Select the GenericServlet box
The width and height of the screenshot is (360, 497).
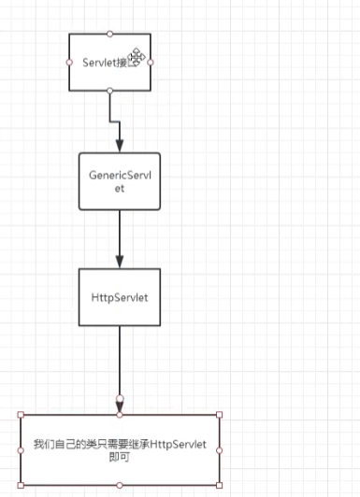click(119, 180)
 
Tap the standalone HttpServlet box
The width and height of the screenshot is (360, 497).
click(119, 297)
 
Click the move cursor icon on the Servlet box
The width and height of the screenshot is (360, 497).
click(137, 57)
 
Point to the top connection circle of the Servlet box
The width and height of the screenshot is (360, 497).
click(109, 34)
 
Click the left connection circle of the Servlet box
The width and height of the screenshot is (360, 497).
click(70, 62)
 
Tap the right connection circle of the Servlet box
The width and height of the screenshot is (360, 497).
click(151, 62)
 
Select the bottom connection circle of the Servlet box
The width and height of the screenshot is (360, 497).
click(109, 91)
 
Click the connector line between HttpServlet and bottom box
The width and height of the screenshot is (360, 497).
click(120, 360)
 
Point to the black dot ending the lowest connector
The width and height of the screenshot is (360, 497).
click(120, 401)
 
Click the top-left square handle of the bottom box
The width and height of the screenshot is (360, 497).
click(20, 414)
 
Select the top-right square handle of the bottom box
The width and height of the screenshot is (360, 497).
click(219, 414)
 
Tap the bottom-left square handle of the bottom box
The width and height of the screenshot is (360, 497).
click(20, 485)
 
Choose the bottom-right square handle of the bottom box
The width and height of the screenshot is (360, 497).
click(219, 485)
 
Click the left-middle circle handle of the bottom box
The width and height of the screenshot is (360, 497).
click(20, 449)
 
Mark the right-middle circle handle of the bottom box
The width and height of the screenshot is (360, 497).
click(219, 449)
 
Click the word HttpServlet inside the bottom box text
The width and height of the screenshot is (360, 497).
click(177, 444)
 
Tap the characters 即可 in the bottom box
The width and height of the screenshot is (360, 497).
click(120, 458)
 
